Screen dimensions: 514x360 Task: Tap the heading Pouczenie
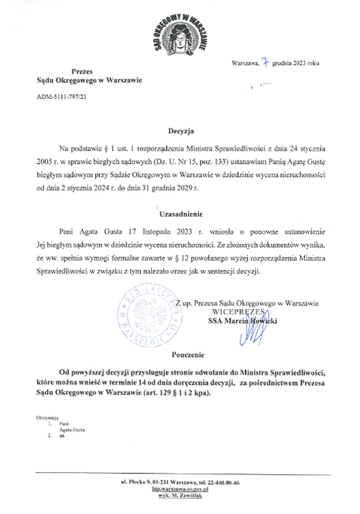[x=179, y=354]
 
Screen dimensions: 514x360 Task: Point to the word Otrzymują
[x=46, y=418]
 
